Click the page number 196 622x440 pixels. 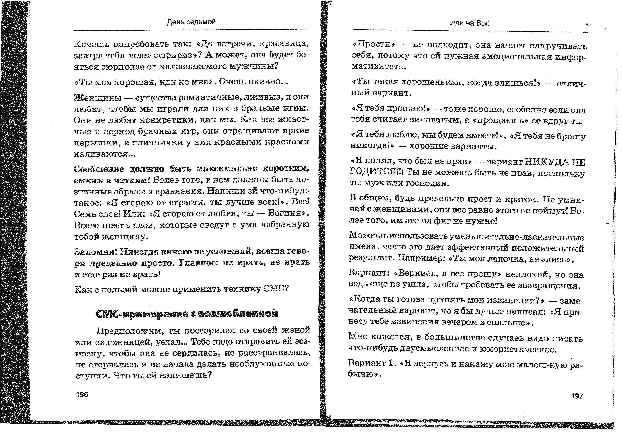click(82, 394)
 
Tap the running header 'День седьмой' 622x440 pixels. click(191, 22)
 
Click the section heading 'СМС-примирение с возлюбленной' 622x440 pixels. click(187, 313)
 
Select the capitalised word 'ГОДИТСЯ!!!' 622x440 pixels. click(377, 172)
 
